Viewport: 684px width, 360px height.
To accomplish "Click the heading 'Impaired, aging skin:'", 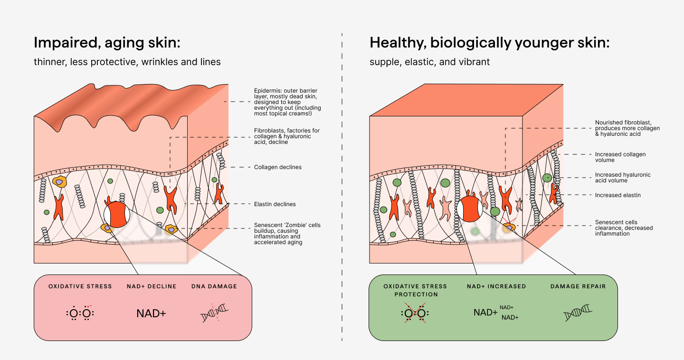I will tap(107, 43).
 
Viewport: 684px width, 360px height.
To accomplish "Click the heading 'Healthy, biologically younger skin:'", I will tap(489, 43).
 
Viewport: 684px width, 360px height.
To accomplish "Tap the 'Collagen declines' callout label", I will tap(277, 167).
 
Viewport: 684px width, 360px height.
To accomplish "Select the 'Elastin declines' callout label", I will tap(275, 204).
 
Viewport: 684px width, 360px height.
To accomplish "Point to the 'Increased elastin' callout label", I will tap(617, 195).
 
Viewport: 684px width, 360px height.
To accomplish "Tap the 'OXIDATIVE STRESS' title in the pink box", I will tap(80, 286).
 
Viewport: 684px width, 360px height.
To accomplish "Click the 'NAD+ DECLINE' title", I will tap(152, 286).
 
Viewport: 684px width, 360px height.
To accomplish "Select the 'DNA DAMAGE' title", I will tap(214, 286).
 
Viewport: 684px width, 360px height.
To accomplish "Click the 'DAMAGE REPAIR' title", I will tap(578, 286).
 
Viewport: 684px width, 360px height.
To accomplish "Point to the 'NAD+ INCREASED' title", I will tap(496, 286).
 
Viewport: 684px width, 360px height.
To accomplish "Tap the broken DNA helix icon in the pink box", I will tap(215, 313).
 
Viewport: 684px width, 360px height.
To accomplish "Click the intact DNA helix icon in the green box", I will tap(578, 313).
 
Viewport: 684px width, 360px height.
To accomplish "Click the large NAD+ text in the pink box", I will tap(151, 313).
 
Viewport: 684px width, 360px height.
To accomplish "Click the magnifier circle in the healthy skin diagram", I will tap(469, 209).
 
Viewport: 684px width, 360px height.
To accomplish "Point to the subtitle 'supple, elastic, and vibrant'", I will tap(429, 62).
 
